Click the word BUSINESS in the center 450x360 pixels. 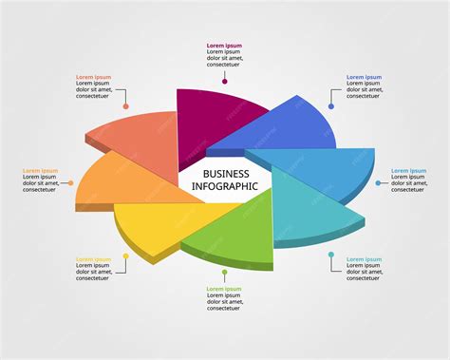[x=226, y=174]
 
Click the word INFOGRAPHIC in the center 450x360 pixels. [x=226, y=186]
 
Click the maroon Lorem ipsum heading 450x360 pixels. [x=224, y=46]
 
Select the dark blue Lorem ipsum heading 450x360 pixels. [x=364, y=77]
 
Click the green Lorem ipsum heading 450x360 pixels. [x=224, y=288]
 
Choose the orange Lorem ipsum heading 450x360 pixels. [x=41, y=171]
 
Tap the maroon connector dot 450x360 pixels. [x=225, y=82]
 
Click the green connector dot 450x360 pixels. [x=225, y=273]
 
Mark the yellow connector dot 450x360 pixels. [x=125, y=256]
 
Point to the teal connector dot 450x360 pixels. [x=331, y=256]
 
